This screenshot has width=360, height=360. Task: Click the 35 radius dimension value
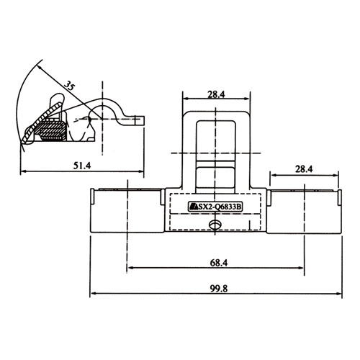(x=69, y=86)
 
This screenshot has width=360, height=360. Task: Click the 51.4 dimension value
(x=82, y=166)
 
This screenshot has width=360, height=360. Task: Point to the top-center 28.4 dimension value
(x=216, y=94)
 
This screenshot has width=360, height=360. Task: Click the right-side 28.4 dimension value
(x=304, y=169)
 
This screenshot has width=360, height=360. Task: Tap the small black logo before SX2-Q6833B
(x=193, y=207)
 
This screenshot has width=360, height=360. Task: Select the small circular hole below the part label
(x=215, y=225)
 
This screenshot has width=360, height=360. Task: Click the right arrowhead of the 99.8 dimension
(x=338, y=293)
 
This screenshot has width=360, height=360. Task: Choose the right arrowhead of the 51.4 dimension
(x=140, y=171)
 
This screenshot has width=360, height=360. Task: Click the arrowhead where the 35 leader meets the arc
(x=40, y=68)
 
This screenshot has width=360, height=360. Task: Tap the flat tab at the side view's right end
(x=139, y=121)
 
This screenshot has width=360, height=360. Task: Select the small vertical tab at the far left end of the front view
(x=92, y=197)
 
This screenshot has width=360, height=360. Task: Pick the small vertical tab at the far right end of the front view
(x=340, y=197)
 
